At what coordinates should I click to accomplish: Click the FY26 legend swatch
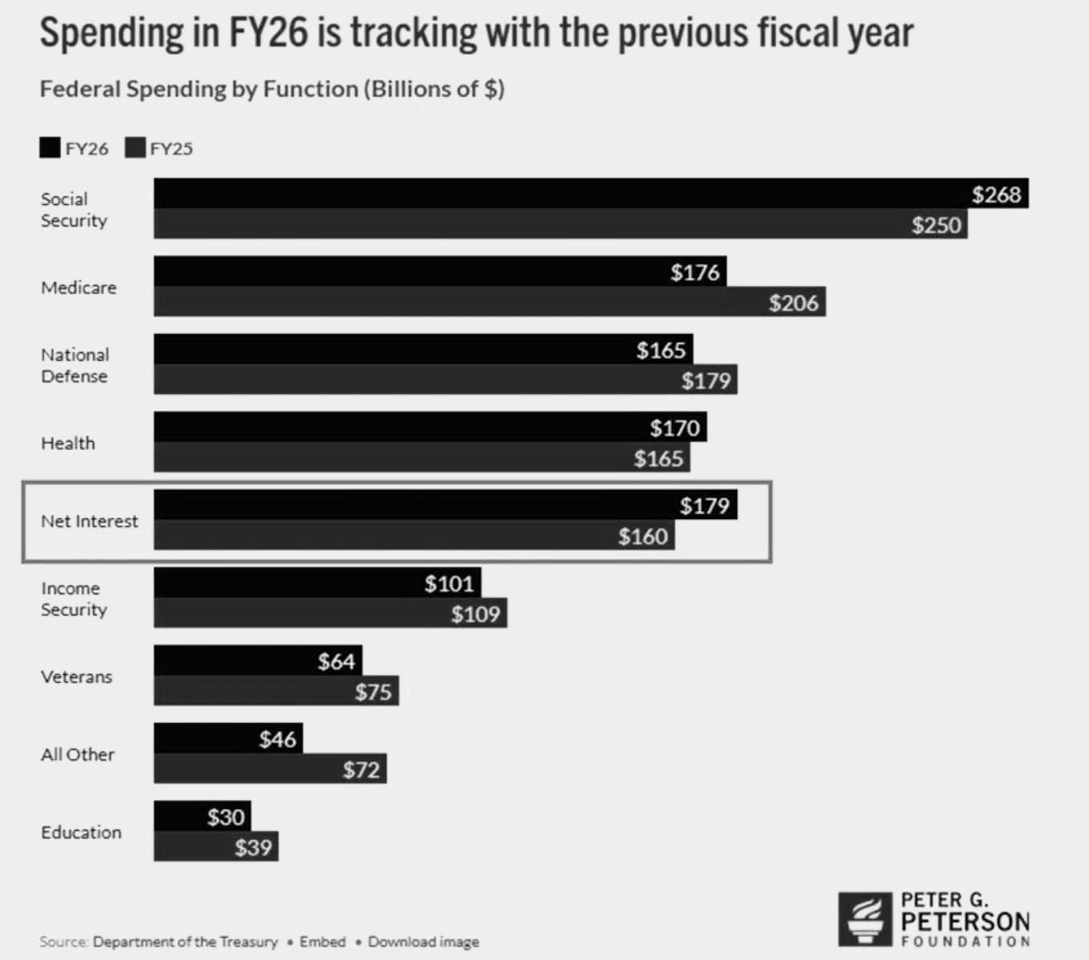pyautogui.click(x=50, y=148)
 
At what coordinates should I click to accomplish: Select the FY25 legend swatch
pyautogui.click(x=135, y=148)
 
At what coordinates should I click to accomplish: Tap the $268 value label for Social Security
pyautogui.click(x=996, y=194)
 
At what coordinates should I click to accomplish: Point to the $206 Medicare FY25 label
pyautogui.click(x=793, y=303)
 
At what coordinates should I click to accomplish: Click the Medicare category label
pyautogui.click(x=79, y=288)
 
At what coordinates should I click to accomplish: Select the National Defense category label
pyautogui.click(x=75, y=366)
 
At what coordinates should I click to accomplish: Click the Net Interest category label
pyautogui.click(x=89, y=521)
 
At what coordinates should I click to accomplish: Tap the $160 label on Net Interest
pyautogui.click(x=643, y=537)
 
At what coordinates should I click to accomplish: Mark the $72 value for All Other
pyautogui.click(x=361, y=770)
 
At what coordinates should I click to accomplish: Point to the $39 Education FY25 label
pyautogui.click(x=253, y=848)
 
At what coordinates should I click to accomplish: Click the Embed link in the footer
pyautogui.click(x=322, y=942)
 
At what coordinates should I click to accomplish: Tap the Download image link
pyautogui.click(x=424, y=942)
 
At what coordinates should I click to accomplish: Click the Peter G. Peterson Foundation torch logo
pyautogui.click(x=865, y=919)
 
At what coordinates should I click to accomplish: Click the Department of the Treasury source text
pyautogui.click(x=185, y=942)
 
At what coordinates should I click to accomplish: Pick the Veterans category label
pyautogui.click(x=76, y=677)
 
